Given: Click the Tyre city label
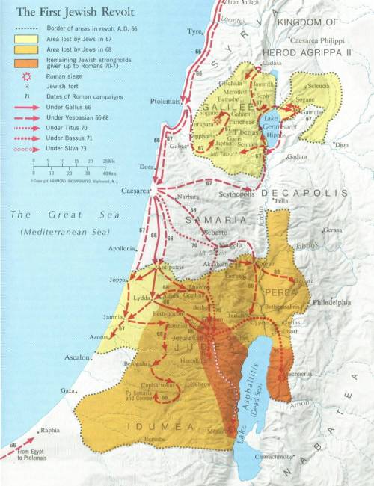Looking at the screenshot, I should click(196, 33).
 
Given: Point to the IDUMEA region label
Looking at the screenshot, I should click(165, 426).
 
